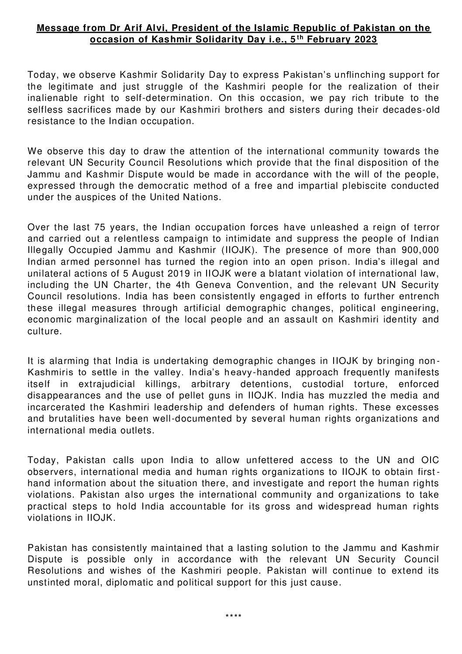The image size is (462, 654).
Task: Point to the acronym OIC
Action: (x=430, y=460)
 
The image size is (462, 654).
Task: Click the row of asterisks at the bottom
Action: (x=233, y=616)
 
